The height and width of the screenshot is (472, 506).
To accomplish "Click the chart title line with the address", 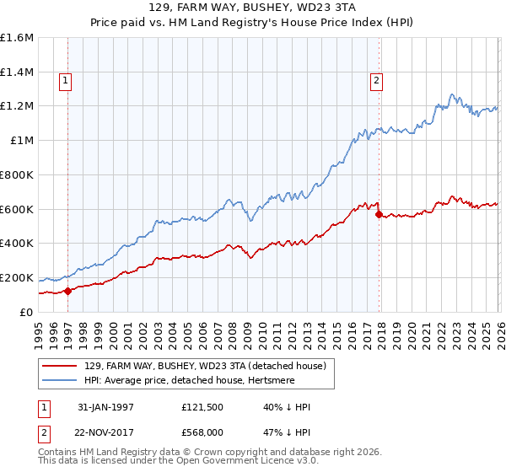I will click(253, 7).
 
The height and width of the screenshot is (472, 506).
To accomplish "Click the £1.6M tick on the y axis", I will click(17, 38).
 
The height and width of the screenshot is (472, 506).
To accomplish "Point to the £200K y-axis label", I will click(17, 277).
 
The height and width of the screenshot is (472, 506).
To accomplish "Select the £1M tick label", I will click(22, 140).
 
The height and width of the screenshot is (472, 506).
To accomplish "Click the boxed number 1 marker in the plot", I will click(65, 81).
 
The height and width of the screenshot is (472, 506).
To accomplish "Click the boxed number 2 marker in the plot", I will click(376, 81).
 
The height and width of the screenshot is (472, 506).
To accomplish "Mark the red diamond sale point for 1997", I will click(67, 291).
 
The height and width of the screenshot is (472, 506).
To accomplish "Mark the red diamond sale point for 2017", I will click(378, 214).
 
